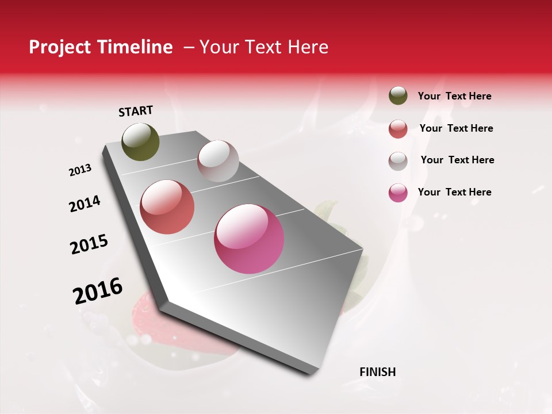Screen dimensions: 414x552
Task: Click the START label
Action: coord(136,111)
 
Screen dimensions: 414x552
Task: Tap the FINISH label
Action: coord(378,372)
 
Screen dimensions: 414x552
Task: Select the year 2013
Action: coord(80,170)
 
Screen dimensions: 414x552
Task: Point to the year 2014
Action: coord(85,204)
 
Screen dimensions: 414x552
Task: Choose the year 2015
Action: coord(89,244)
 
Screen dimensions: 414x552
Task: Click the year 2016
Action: coord(98,291)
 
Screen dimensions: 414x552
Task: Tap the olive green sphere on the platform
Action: coord(141,141)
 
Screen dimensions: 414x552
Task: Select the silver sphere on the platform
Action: coord(218,161)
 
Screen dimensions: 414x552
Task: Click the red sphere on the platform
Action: coord(167,207)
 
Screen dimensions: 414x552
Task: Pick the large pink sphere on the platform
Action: coord(249,239)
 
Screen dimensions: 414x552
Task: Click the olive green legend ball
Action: coord(398,96)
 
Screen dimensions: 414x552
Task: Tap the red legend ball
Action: coord(398,129)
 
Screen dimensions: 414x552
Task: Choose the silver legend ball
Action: coord(398,161)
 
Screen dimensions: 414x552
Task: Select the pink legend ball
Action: coord(398,193)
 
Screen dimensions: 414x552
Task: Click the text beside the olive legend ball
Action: coord(455,97)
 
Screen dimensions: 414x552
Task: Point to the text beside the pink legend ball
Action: coord(455,192)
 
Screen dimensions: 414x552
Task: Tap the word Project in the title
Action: coord(59,47)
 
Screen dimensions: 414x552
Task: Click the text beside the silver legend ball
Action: coord(458,160)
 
